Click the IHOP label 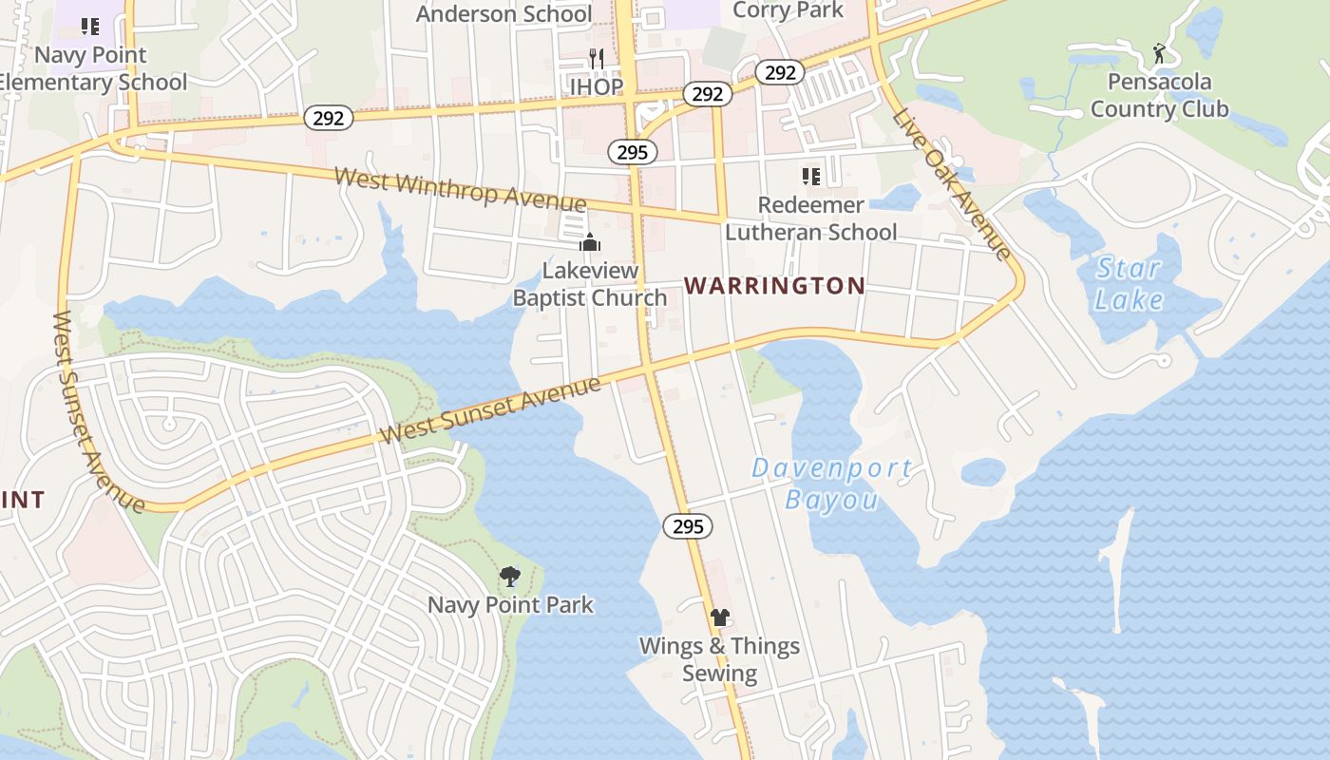pyautogui.click(x=597, y=87)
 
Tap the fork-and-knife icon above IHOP pyautogui.click(x=597, y=59)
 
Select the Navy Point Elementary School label pyautogui.click(x=91, y=68)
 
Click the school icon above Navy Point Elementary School pyautogui.click(x=90, y=27)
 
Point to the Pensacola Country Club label pyautogui.click(x=1159, y=95)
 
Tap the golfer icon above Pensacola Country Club pyautogui.click(x=1159, y=53)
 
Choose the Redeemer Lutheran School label pyautogui.click(x=810, y=218)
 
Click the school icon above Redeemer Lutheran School pyautogui.click(x=810, y=177)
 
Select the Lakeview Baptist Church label pyautogui.click(x=590, y=284)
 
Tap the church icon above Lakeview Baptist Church pyautogui.click(x=590, y=243)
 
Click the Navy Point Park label pyautogui.click(x=510, y=604)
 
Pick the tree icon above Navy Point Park pyautogui.click(x=510, y=576)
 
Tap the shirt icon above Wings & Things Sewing pyautogui.click(x=719, y=617)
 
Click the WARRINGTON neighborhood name pyautogui.click(x=774, y=286)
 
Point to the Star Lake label pyautogui.click(x=1129, y=284)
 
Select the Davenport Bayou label pyautogui.click(x=832, y=484)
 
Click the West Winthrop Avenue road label pyautogui.click(x=460, y=190)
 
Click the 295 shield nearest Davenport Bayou pyautogui.click(x=688, y=526)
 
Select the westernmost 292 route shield pyautogui.click(x=330, y=118)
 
